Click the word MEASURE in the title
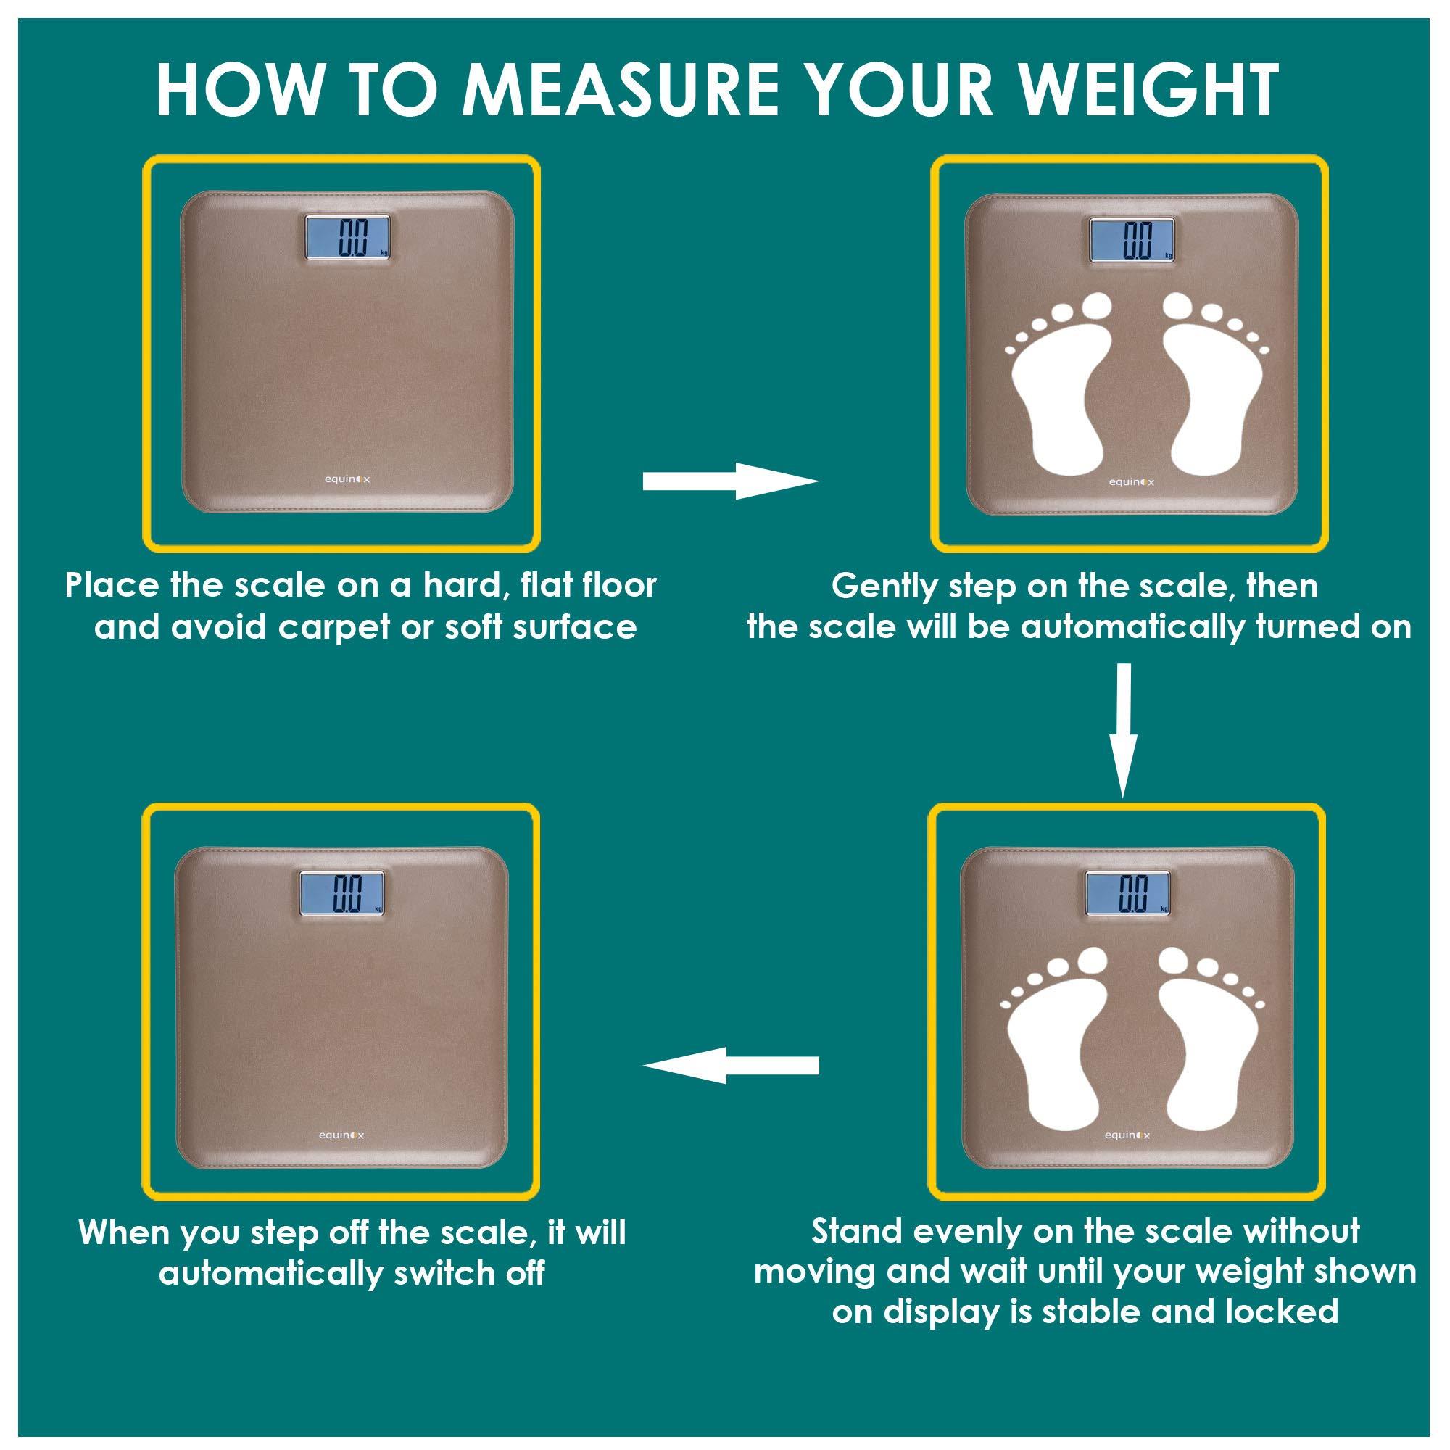coord(621,90)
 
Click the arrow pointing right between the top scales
coord(729,481)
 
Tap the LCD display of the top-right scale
coord(1132,241)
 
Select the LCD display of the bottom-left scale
coord(342,893)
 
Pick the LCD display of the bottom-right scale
coord(1128,894)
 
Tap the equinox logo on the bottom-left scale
coord(341,1135)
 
